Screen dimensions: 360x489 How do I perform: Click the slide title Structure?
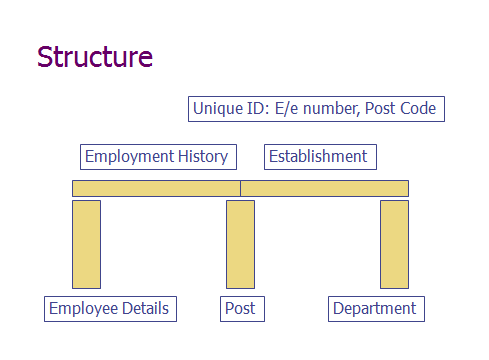tap(95, 57)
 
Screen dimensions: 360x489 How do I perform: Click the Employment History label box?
tap(157, 157)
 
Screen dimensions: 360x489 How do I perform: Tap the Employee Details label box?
tap(110, 309)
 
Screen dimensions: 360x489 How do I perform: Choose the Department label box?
tap(376, 309)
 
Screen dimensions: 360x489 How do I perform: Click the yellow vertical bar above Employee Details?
tap(86, 244)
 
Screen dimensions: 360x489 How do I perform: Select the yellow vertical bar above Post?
tap(240, 244)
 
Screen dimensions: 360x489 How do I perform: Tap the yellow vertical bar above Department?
tap(394, 244)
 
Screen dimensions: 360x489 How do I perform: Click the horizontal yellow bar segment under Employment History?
tap(156, 188)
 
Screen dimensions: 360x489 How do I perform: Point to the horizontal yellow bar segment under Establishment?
tap(324, 188)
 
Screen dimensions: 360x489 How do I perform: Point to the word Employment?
tap(129, 157)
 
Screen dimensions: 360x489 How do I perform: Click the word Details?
tap(145, 309)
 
